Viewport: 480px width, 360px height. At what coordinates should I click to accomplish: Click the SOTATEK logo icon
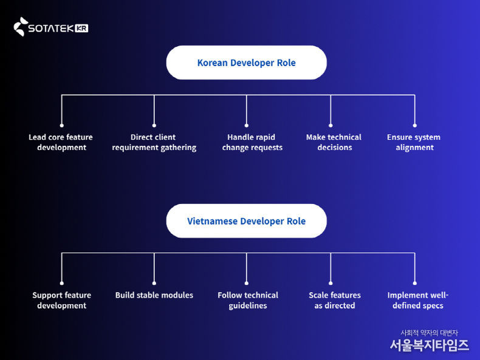pyautogui.click(x=21, y=27)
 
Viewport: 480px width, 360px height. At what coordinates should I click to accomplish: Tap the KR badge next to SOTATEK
pyautogui.click(x=81, y=28)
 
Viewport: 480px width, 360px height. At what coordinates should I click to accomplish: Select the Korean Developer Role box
pyautogui.click(x=246, y=63)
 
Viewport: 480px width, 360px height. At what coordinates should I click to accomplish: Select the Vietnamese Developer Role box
pyautogui.click(x=246, y=221)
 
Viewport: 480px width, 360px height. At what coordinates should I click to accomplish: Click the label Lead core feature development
pyautogui.click(x=61, y=142)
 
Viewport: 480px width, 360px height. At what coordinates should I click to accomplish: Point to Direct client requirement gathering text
pyautogui.click(x=154, y=142)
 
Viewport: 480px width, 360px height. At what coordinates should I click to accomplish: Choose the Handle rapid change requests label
pyautogui.click(x=252, y=142)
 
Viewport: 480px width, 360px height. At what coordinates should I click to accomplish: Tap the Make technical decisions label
pyautogui.click(x=334, y=142)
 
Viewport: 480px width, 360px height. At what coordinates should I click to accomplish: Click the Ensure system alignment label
pyautogui.click(x=414, y=142)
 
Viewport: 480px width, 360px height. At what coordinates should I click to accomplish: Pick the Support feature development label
pyautogui.click(x=61, y=301)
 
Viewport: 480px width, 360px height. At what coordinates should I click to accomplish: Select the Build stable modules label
pyautogui.click(x=154, y=295)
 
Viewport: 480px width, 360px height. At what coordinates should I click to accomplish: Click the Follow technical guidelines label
pyautogui.click(x=248, y=301)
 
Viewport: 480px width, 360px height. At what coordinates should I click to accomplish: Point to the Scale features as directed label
pyautogui.click(x=334, y=301)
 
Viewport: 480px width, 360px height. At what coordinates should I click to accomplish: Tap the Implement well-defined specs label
pyautogui.click(x=417, y=301)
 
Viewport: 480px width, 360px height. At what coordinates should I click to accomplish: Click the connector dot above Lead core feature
pyautogui.click(x=61, y=125)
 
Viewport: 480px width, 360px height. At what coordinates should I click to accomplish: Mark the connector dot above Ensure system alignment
pyautogui.click(x=414, y=125)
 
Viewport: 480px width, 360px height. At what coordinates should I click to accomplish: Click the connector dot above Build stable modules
pyautogui.click(x=154, y=283)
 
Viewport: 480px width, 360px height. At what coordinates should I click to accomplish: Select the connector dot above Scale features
pyautogui.click(x=331, y=283)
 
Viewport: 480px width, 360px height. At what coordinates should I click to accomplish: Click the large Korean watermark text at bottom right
pyautogui.click(x=429, y=345)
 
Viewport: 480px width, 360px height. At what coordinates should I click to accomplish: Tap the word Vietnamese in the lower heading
pyautogui.click(x=212, y=221)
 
